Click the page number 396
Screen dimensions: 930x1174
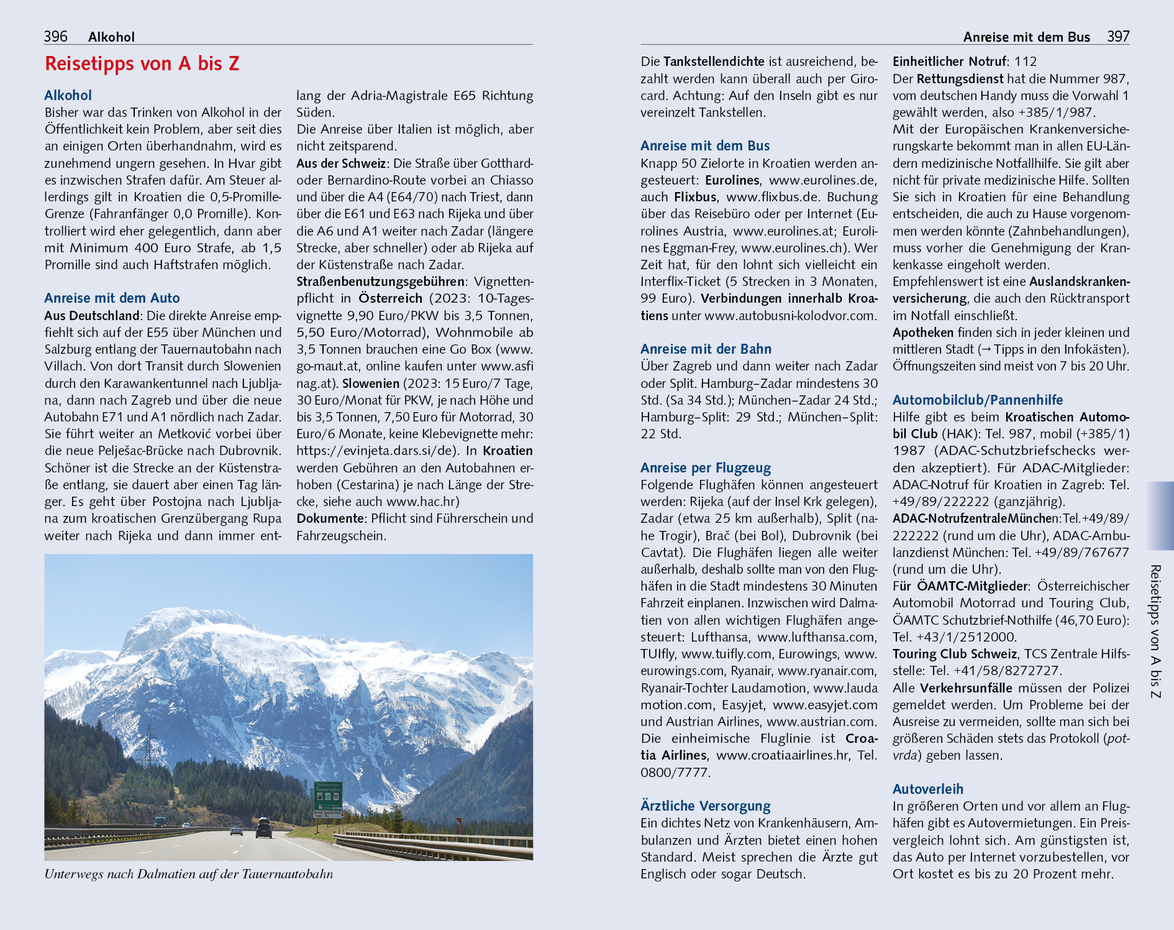55,37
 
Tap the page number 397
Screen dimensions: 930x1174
1118,37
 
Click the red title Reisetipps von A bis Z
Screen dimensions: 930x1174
142,64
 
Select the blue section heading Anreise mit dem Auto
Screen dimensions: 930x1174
112,298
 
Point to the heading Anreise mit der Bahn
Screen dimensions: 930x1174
706,349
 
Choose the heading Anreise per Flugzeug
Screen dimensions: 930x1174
706,468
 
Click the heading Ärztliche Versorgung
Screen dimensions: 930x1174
705,806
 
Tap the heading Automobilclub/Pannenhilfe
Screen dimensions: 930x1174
977,400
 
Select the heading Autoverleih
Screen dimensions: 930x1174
928,790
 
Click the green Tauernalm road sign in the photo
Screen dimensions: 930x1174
328,796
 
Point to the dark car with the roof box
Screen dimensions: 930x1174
263,828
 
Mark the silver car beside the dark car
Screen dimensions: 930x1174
236,830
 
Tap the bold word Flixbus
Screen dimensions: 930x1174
695,198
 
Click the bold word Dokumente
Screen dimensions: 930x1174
330,519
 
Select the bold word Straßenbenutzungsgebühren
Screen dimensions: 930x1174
380,282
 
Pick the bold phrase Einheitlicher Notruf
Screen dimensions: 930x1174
949,62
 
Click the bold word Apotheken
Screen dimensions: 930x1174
922,333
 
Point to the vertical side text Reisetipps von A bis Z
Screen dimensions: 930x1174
1155,631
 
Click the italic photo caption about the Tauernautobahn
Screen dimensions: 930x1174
188,875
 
